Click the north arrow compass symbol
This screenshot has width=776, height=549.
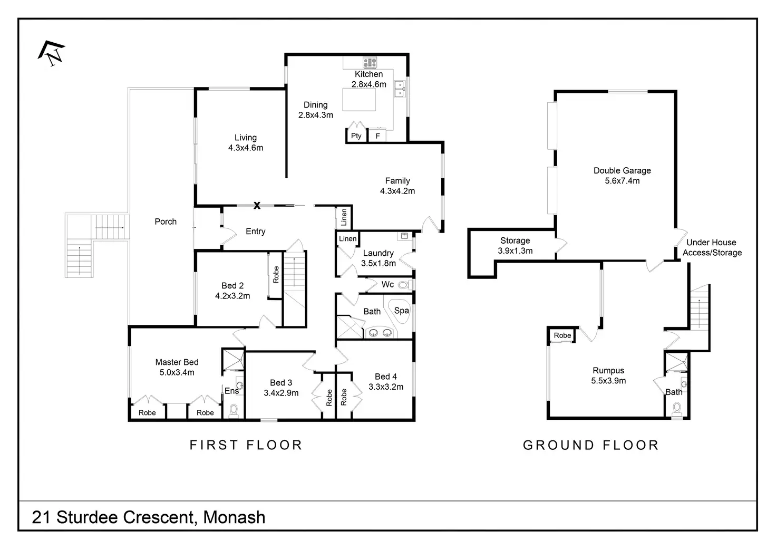point(52,53)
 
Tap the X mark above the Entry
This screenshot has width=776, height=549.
point(257,206)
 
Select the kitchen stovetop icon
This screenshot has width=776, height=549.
point(370,63)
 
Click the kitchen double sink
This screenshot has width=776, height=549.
point(400,89)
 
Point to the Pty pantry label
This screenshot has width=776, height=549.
point(356,136)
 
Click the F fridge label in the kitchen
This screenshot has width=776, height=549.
point(377,136)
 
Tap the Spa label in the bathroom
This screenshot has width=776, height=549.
point(402,311)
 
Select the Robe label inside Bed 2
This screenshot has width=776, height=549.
point(276,274)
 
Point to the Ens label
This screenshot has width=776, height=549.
point(231,391)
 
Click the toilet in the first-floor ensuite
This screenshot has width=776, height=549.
point(234,411)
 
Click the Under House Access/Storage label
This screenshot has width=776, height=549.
point(712,247)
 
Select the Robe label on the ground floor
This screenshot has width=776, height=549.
point(562,335)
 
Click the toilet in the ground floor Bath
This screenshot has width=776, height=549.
point(676,409)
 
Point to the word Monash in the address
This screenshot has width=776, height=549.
point(234,517)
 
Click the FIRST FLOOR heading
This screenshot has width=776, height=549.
point(246,445)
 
